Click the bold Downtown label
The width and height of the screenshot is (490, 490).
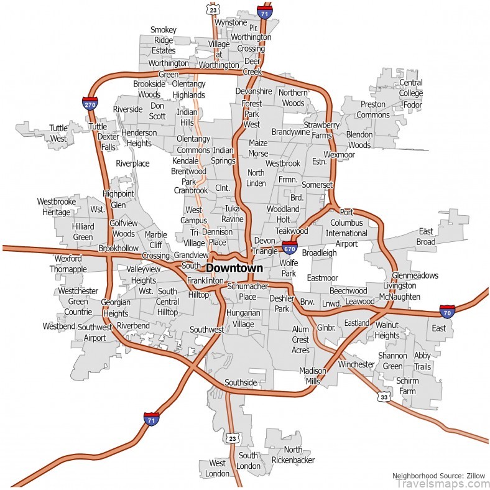pos(234,268)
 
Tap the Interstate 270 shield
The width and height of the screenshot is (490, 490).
pos(90,103)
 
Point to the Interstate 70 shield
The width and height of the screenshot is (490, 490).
pos(446,312)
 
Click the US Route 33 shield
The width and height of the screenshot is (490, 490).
pos(384,397)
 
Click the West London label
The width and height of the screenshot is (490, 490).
pos(218,468)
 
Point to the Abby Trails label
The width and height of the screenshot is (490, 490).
pos(422,361)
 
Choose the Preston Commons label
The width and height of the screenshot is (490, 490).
pos(373,109)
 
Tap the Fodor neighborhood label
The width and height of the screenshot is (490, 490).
pos(412,104)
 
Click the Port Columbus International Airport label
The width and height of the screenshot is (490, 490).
pos(346,228)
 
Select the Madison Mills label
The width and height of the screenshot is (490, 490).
pos(313,376)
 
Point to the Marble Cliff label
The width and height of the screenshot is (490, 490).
pos(155,240)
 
